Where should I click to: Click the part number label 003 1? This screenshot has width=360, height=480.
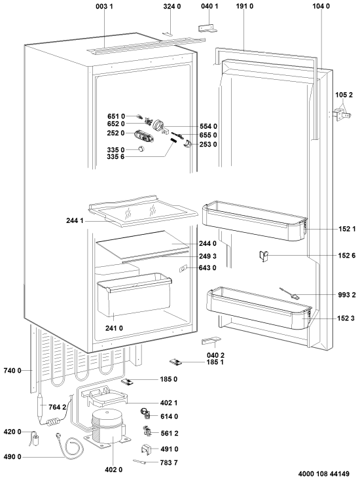click(x=104, y=6)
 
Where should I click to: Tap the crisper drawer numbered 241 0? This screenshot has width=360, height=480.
click(x=134, y=294)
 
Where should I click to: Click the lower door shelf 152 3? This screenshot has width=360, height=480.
click(x=260, y=307)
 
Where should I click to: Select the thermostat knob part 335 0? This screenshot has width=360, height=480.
click(x=141, y=149)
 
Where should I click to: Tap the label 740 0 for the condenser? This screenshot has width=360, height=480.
click(x=12, y=371)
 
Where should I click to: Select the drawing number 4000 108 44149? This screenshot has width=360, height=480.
click(x=323, y=474)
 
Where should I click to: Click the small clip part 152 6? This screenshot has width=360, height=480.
click(x=264, y=256)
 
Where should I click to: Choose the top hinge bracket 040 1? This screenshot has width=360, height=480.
click(x=207, y=28)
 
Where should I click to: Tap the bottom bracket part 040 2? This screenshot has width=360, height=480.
click(x=211, y=341)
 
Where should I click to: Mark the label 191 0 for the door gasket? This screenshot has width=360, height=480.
click(x=245, y=6)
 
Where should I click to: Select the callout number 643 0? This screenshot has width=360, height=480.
click(x=207, y=268)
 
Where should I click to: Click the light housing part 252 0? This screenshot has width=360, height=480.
click(x=143, y=135)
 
